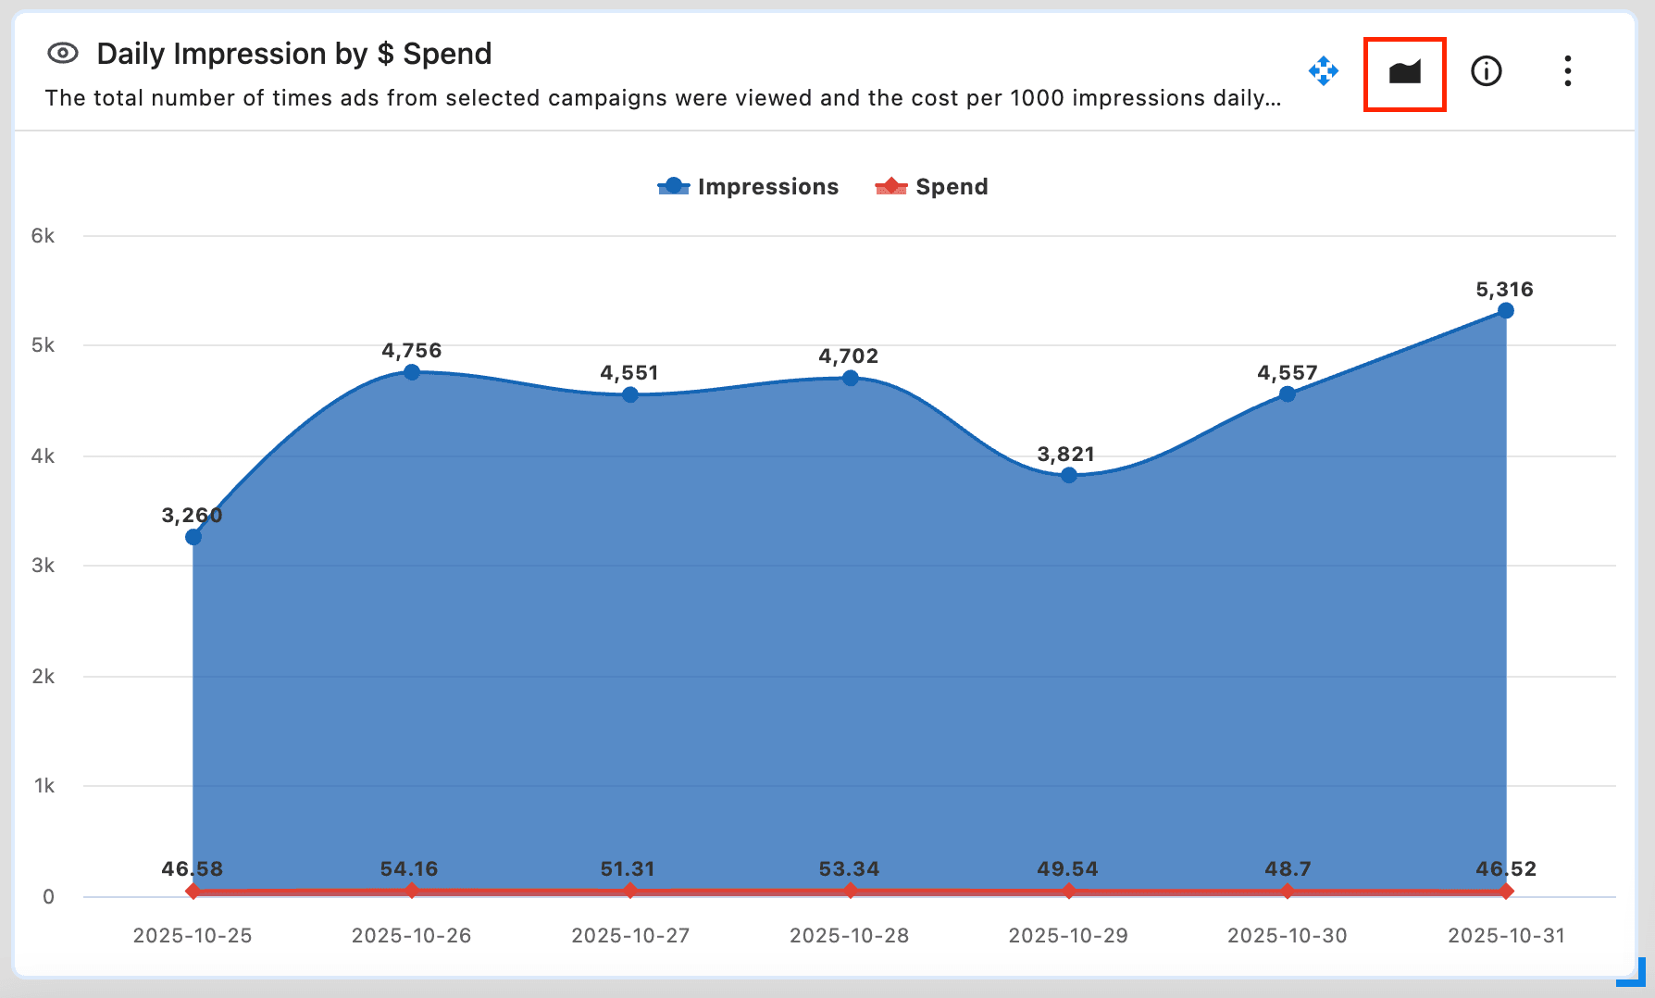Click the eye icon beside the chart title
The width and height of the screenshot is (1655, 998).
click(63, 54)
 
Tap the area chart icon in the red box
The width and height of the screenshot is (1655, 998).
click(1404, 72)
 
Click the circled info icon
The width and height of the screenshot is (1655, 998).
click(1486, 71)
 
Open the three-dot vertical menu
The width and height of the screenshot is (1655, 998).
click(1567, 71)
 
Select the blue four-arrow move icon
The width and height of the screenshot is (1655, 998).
click(1324, 71)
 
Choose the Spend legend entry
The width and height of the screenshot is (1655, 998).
click(932, 187)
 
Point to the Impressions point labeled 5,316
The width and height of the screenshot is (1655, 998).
click(1506, 311)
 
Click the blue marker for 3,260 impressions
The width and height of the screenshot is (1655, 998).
click(193, 537)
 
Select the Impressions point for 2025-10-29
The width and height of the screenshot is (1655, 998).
click(1069, 475)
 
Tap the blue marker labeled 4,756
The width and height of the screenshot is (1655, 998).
click(412, 372)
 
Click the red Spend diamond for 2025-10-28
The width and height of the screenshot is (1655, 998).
click(850, 891)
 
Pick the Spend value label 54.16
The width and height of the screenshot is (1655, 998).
click(409, 869)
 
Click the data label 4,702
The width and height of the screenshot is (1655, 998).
click(848, 356)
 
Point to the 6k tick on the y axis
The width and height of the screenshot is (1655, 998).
click(43, 236)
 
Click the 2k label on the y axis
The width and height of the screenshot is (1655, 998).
click(43, 677)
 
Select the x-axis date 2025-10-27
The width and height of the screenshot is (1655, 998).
click(630, 936)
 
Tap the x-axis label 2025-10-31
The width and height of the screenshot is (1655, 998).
click(1506, 936)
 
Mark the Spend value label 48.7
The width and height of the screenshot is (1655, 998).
click(1288, 869)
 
